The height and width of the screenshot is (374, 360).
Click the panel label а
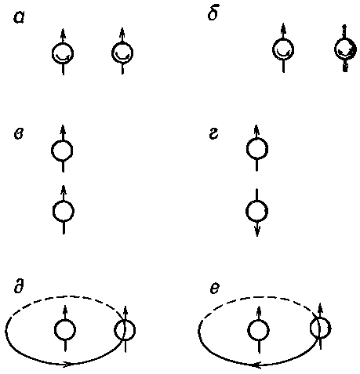click(19, 18)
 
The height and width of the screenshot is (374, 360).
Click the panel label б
click(213, 13)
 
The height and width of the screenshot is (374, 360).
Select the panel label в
click(18, 134)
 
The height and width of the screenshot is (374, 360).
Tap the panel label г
click(213, 134)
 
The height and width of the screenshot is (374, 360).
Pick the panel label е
click(214, 289)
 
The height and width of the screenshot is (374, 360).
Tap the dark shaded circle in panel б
click(345, 49)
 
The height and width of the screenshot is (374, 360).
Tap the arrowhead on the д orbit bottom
click(67, 364)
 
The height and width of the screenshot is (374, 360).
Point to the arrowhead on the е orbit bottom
click(257, 365)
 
